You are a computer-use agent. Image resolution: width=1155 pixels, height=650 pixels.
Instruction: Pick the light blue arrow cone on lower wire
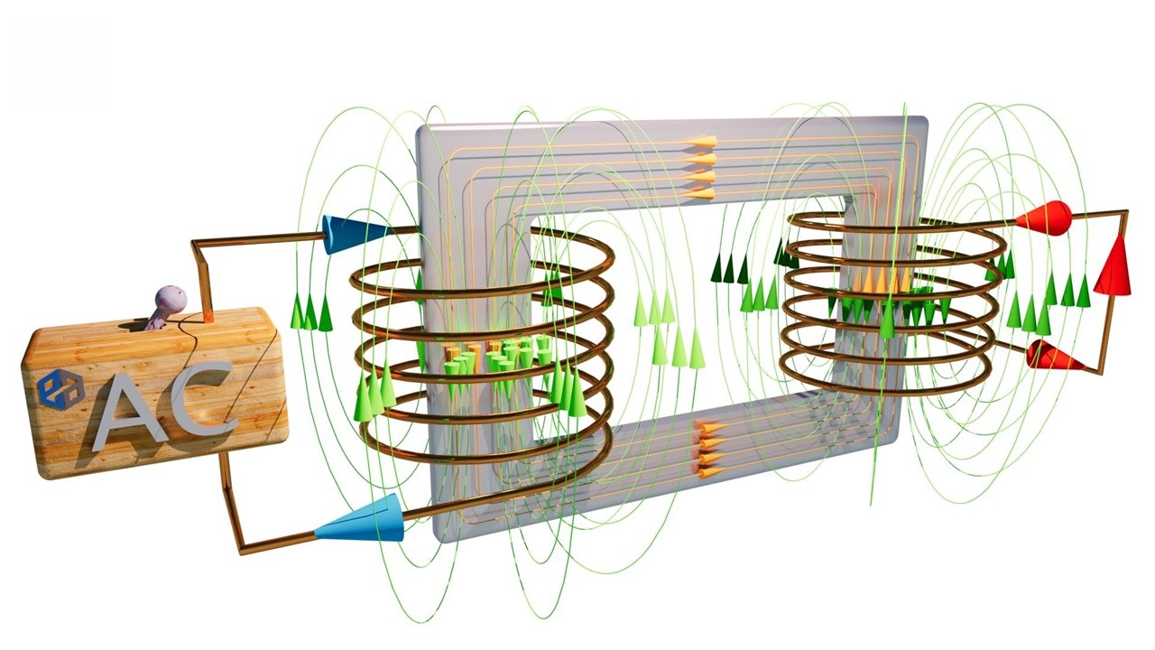(x=361, y=519)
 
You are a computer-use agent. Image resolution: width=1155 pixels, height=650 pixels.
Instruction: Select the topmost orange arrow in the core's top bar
(x=699, y=142)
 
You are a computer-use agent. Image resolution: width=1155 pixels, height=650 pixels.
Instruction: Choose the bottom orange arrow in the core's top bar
(x=699, y=194)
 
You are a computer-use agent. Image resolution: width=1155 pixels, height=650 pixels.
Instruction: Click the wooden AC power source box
(x=154, y=392)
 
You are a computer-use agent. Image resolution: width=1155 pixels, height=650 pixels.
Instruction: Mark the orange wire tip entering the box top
(x=208, y=316)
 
